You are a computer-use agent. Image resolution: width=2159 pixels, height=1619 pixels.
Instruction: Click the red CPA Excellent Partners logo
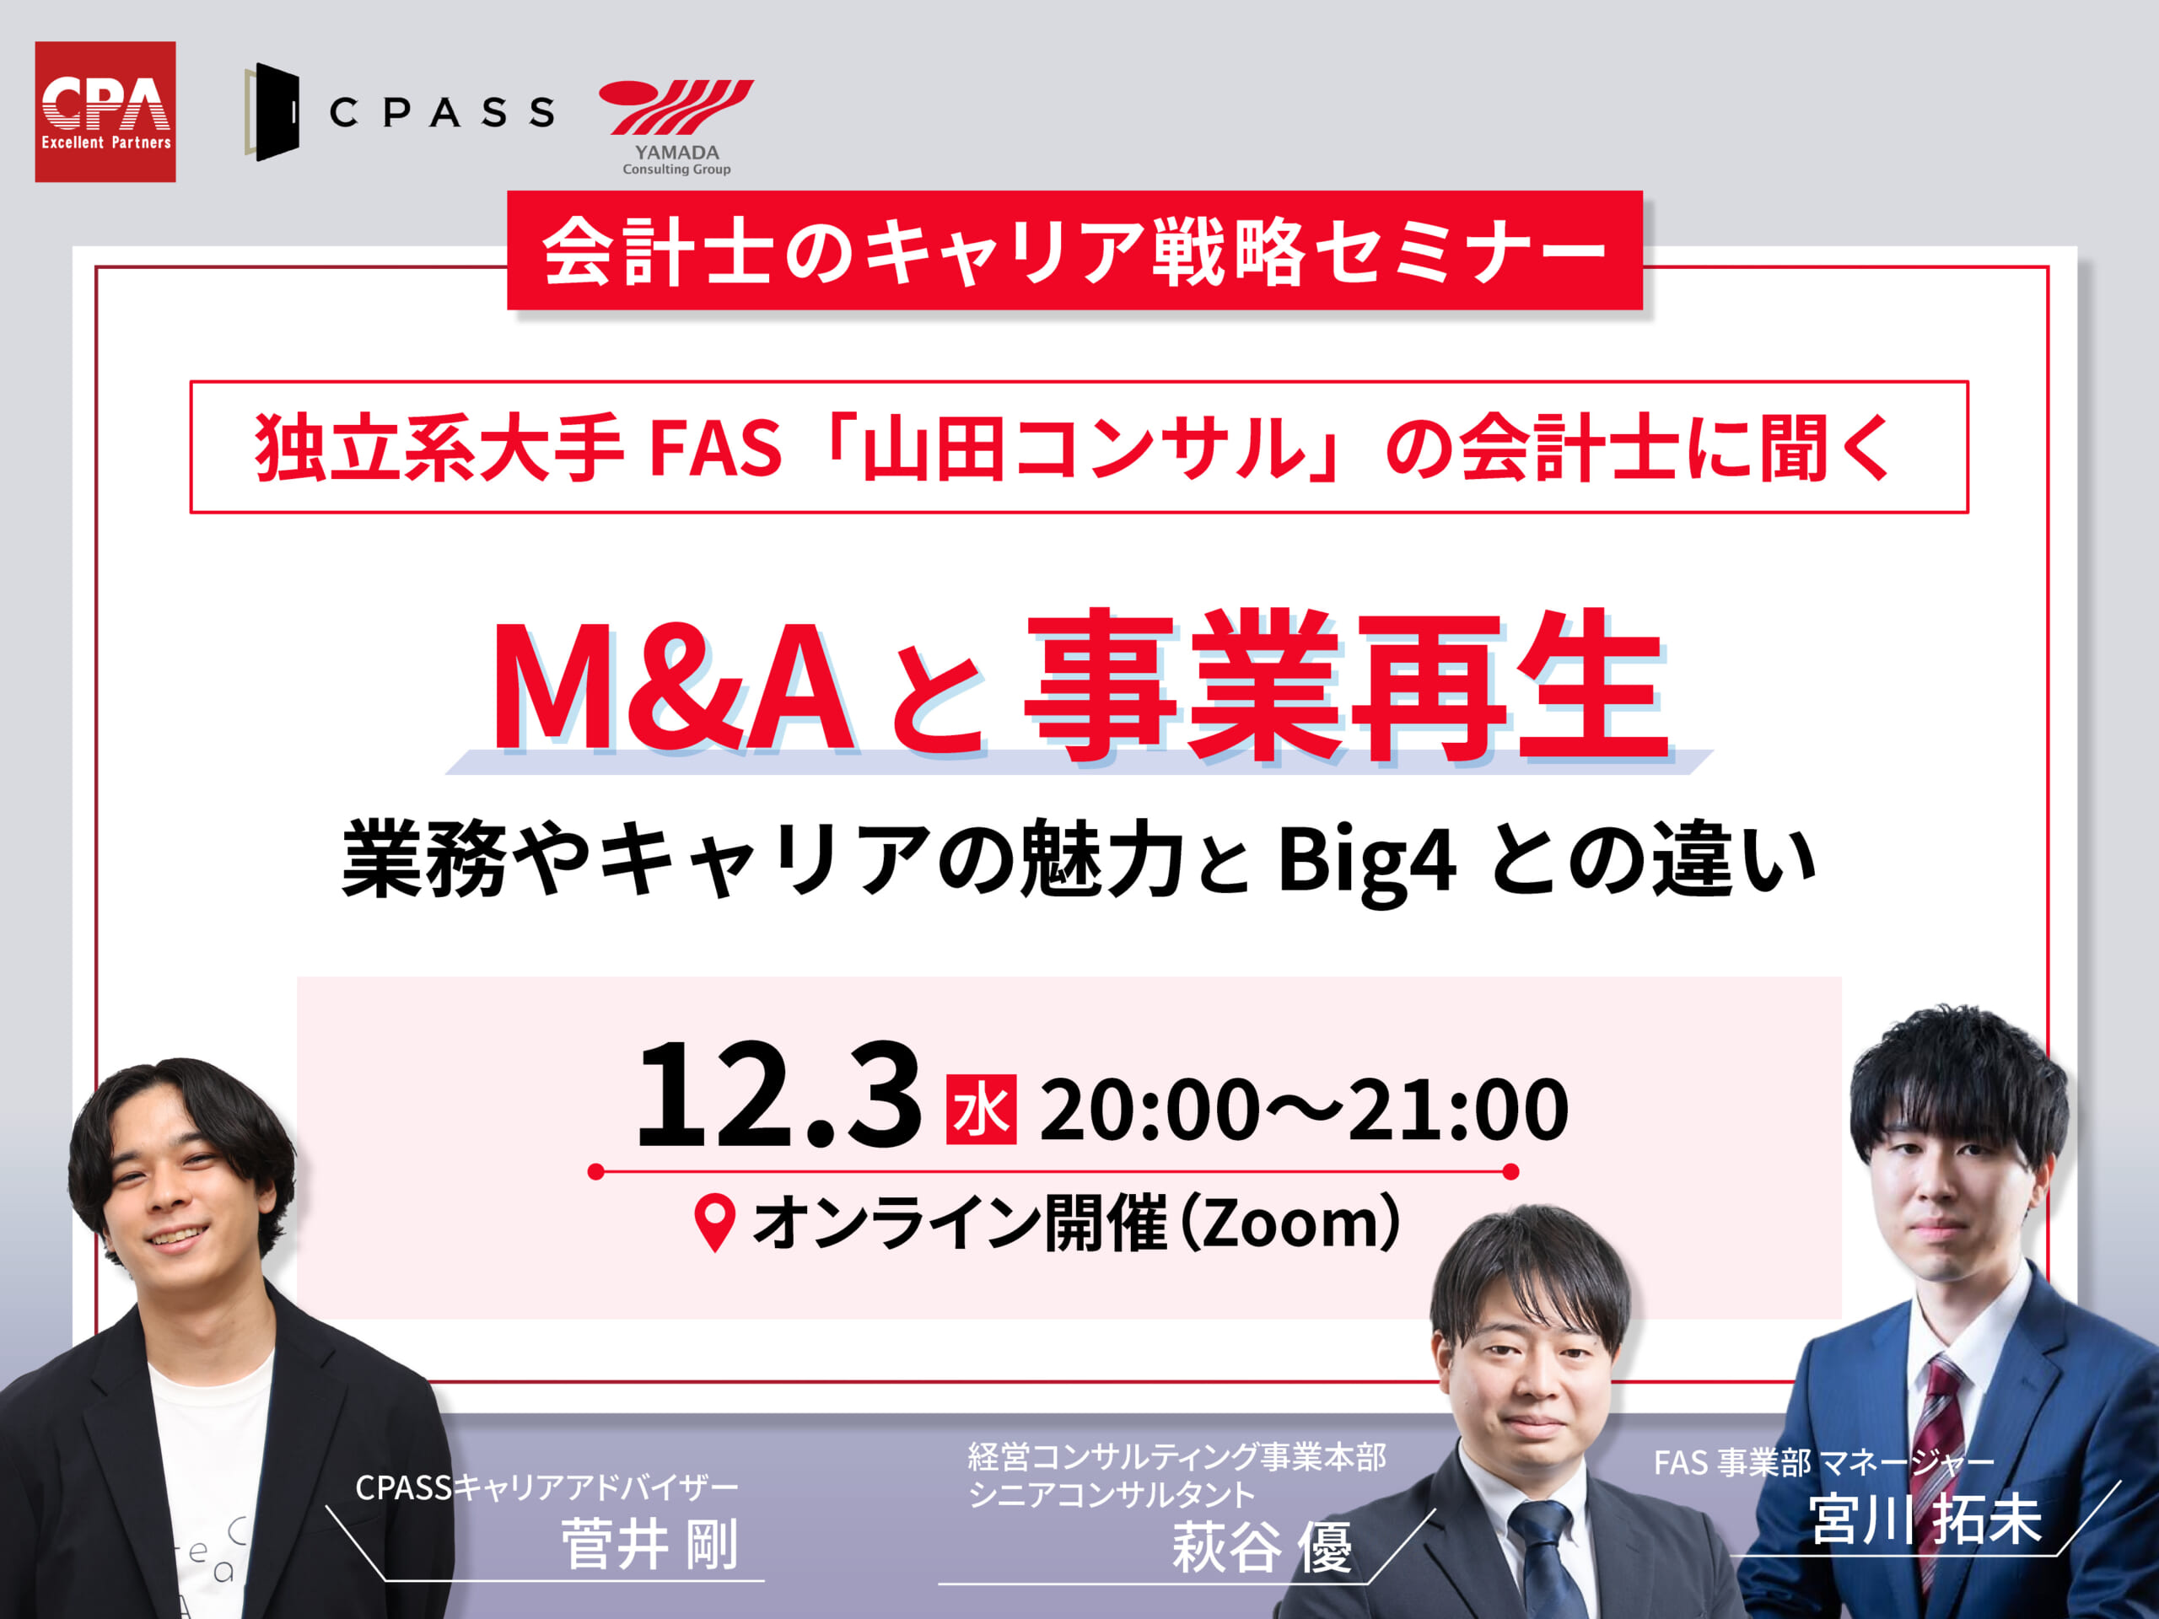click(105, 111)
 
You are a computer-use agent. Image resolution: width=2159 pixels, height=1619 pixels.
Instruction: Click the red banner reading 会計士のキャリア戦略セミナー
click(1074, 250)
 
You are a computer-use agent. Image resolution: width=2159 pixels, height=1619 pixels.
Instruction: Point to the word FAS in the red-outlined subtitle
click(715, 448)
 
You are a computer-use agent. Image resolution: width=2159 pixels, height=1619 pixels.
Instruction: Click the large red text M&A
click(674, 687)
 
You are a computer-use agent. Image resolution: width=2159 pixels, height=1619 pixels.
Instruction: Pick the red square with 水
click(981, 1110)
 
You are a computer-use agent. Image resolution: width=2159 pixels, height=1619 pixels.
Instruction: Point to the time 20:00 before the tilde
click(1149, 1110)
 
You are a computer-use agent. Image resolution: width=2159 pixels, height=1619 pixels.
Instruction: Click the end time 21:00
click(1459, 1110)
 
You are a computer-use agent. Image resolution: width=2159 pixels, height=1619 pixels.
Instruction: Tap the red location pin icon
click(714, 1222)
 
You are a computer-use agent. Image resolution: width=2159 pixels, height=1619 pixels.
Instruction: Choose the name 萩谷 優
click(1262, 1548)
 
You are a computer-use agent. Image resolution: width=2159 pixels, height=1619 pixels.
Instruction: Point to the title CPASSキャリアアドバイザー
click(546, 1487)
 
